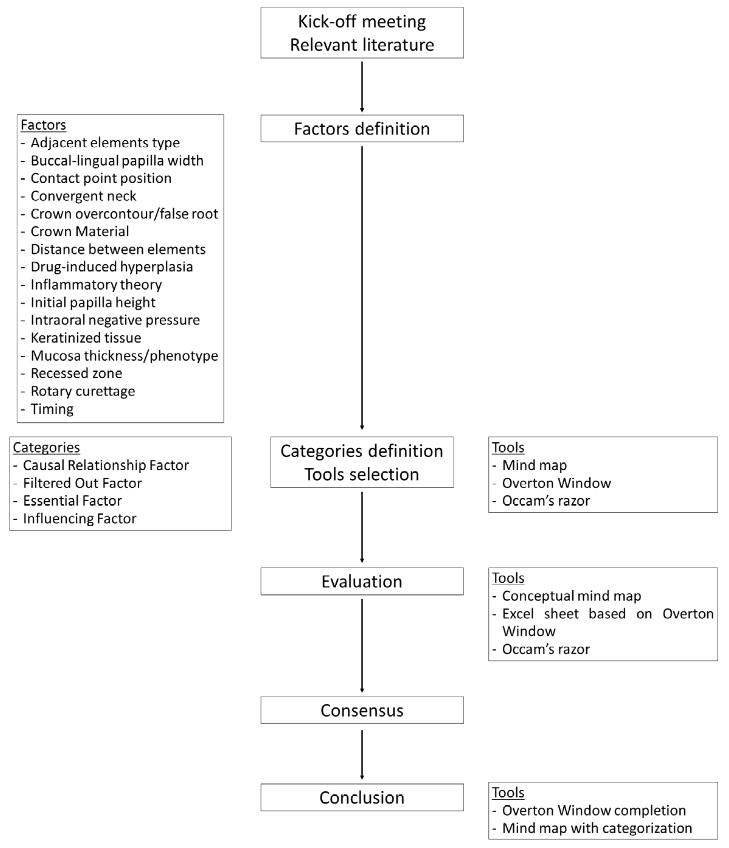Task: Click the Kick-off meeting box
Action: click(x=362, y=33)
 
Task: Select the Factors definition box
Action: click(x=362, y=128)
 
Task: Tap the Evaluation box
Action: click(x=362, y=581)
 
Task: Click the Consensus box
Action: click(x=362, y=710)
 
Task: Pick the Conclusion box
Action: click(x=362, y=798)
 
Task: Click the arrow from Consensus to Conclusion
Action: click(x=362, y=754)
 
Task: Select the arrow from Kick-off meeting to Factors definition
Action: click(x=362, y=86)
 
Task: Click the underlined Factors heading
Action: click(x=43, y=125)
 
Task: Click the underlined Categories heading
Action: click(x=46, y=447)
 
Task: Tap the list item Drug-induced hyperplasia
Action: click(x=112, y=267)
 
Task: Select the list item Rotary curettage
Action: click(x=83, y=391)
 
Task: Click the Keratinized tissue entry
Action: click(x=86, y=338)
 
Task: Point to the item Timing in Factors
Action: click(x=52, y=409)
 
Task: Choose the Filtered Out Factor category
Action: click(x=82, y=483)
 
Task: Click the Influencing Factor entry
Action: click(x=79, y=519)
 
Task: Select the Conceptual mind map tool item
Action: click(x=571, y=596)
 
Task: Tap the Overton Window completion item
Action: click(x=594, y=810)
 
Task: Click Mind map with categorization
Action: click(x=597, y=828)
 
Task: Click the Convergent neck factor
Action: click(x=83, y=196)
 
